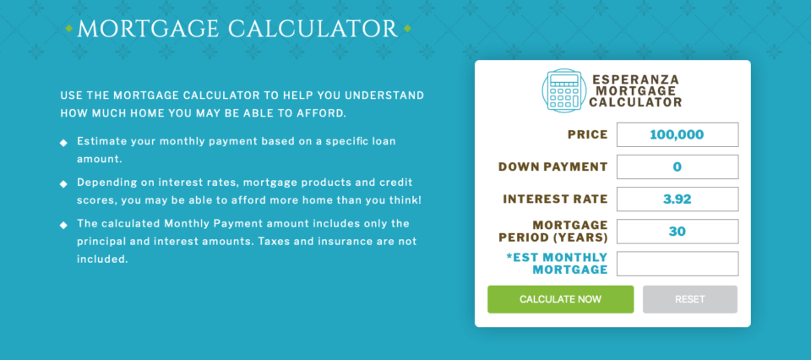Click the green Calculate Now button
coord(560,299)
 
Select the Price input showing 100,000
coord(677,134)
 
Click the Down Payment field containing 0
coord(677,166)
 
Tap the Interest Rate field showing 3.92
coord(677,199)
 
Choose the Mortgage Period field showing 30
coord(677,232)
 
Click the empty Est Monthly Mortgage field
coord(677,264)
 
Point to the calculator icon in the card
coord(563,90)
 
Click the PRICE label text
coord(588,135)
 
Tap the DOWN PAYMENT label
coord(552,167)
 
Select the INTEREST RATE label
coord(556,199)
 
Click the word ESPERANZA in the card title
coord(635,79)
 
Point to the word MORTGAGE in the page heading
coord(148,29)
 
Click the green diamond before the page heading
coord(68,29)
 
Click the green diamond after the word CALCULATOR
coord(407,29)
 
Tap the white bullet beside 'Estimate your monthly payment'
coord(63,143)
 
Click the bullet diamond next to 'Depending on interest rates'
coord(63,184)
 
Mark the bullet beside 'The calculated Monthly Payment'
coord(63,225)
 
